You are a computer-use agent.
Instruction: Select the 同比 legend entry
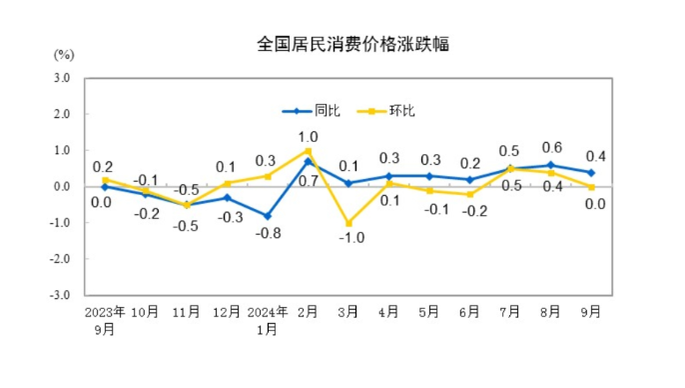tap(326, 111)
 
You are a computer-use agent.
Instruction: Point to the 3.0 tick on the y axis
tap(61, 78)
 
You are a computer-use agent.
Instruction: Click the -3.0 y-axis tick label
tap(60, 295)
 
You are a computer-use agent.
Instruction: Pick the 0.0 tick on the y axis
tap(61, 187)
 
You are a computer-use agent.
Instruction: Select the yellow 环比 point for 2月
tap(309, 151)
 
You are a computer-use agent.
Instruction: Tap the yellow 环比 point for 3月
tap(348, 223)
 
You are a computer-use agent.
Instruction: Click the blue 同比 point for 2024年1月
tap(268, 216)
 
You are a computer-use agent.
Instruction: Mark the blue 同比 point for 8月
tap(551, 165)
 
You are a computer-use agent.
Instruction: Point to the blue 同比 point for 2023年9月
tap(105, 187)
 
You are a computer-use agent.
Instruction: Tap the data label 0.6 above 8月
tap(551, 147)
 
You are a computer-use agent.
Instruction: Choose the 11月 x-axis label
tap(186, 312)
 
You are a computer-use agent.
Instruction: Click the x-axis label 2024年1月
tap(268, 319)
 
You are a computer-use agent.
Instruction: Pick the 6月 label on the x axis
tap(469, 312)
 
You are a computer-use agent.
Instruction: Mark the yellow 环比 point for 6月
tap(470, 194)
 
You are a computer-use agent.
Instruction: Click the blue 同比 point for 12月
tap(227, 198)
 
